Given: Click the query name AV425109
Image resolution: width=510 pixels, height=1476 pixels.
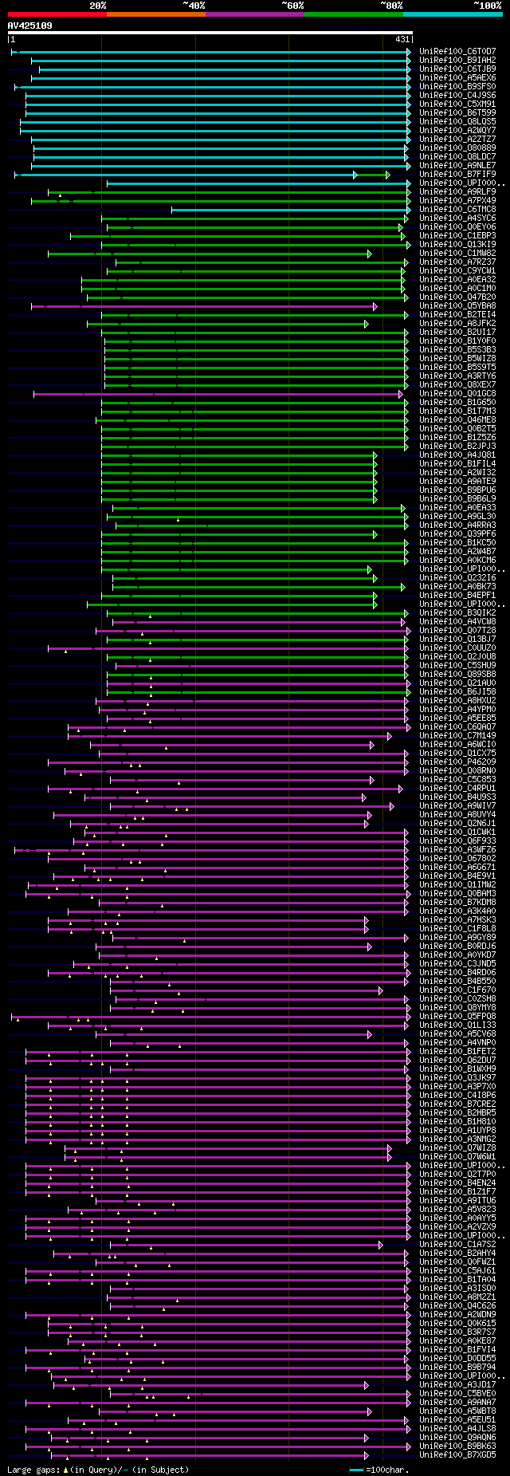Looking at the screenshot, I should [x=29, y=26].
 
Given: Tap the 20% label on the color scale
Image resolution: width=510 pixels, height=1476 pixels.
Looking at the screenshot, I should [x=98, y=6].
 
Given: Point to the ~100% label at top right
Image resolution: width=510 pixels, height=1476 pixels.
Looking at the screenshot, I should [x=487, y=6].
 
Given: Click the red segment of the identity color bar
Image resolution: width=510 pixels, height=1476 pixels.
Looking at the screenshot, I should [x=57, y=14].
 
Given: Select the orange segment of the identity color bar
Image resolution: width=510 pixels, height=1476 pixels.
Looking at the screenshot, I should [x=155, y=14].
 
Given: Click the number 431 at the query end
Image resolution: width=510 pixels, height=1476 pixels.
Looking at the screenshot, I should [x=402, y=39].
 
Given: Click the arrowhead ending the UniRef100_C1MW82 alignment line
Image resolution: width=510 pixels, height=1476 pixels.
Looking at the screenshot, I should [x=370, y=254].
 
